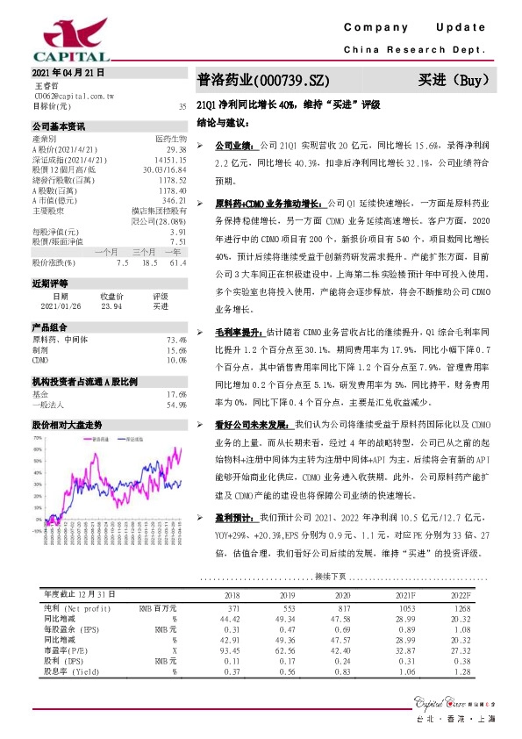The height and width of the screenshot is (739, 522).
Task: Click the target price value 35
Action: (182, 106)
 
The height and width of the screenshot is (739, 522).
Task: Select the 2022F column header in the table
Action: (460, 594)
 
